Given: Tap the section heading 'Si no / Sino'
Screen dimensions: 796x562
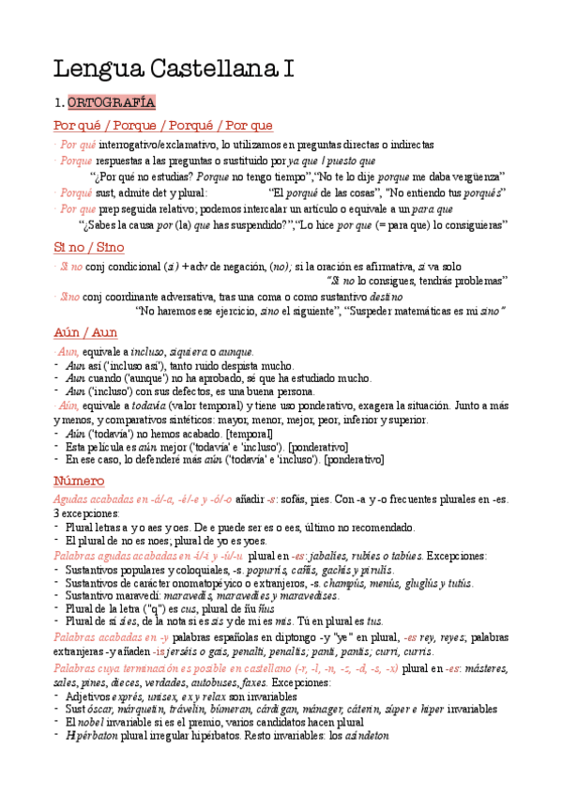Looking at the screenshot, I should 88,247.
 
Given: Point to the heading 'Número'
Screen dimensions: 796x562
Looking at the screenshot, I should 84,482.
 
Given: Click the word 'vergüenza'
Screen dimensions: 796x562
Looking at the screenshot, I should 472,176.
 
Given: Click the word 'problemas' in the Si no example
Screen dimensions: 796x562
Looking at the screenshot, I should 478,280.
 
